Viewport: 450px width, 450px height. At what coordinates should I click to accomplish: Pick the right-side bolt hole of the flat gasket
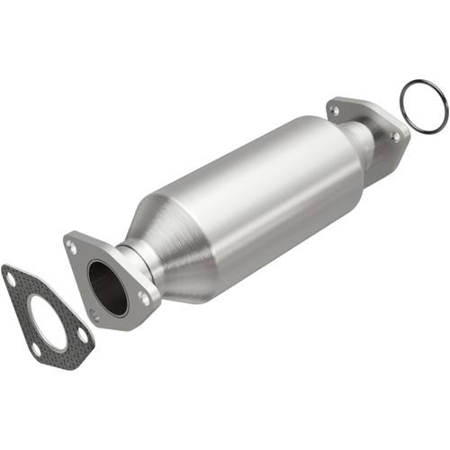(x=83, y=334)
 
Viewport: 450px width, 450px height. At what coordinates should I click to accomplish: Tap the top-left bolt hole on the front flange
(x=72, y=246)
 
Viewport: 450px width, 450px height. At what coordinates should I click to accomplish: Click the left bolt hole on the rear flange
(x=335, y=111)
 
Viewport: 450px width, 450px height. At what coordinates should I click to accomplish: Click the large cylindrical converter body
(x=261, y=198)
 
